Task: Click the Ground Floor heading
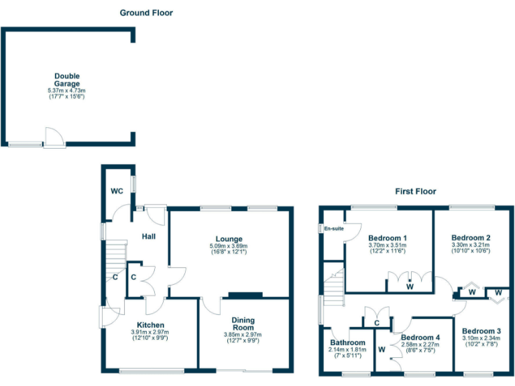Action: [146, 13]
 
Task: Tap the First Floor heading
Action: [416, 192]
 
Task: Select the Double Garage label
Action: [67, 80]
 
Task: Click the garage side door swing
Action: [54, 135]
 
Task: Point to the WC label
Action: [117, 191]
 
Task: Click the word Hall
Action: [149, 236]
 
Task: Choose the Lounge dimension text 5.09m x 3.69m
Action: [229, 247]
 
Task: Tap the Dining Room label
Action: [243, 324]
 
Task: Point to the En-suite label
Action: [333, 229]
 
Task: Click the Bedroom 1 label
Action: [388, 238]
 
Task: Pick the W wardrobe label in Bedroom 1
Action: [410, 286]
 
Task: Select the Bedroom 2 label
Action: [471, 238]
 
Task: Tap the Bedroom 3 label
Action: [481, 331]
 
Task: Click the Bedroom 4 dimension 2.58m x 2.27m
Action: [420, 345]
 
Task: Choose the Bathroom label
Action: [347, 342]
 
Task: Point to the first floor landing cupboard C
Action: [377, 323]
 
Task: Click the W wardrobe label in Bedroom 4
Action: [382, 349]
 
